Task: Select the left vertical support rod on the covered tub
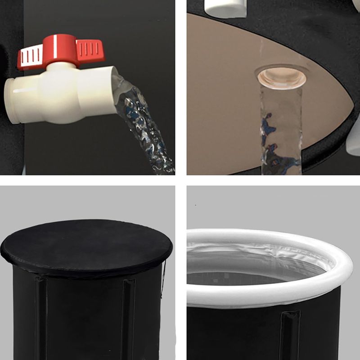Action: pos(41,315)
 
